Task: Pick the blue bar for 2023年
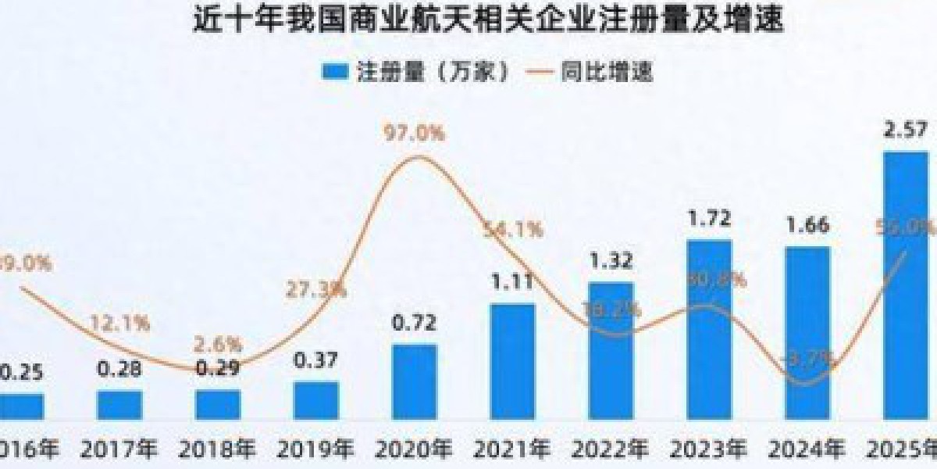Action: pos(709,329)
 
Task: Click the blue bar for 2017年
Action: pos(119,404)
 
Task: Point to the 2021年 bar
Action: pos(513,360)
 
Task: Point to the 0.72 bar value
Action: pos(415,321)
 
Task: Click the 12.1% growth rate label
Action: pos(122,323)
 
